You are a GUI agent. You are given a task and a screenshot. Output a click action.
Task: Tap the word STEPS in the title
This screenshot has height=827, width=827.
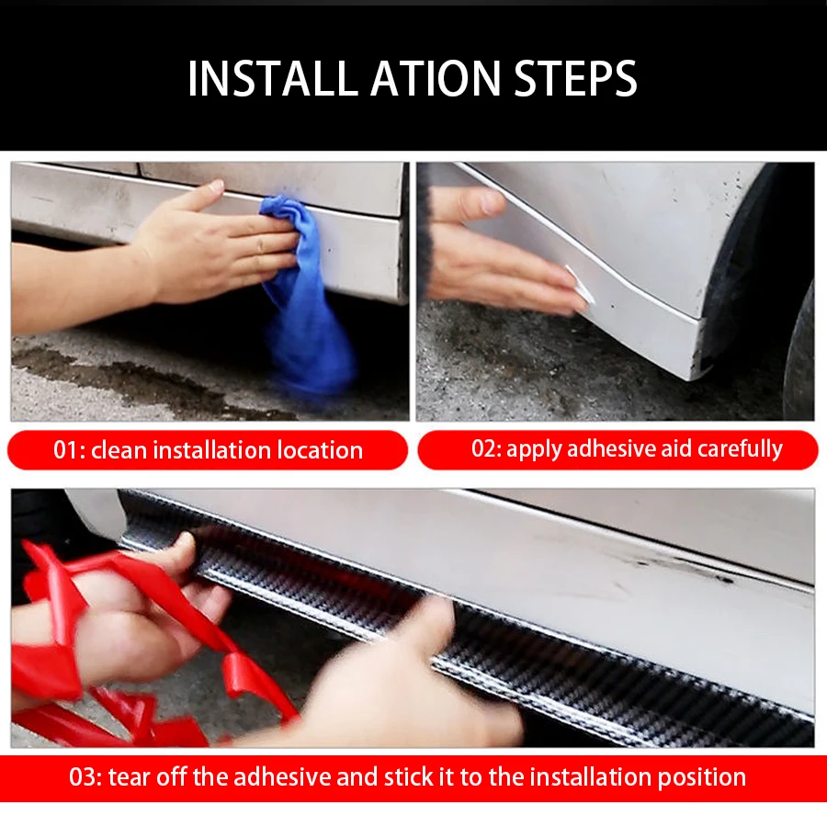click(575, 79)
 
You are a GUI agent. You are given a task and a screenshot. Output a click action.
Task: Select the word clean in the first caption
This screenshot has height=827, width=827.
click(119, 450)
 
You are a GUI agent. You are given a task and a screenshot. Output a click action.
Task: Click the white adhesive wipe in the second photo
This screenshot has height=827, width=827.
click(580, 286)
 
